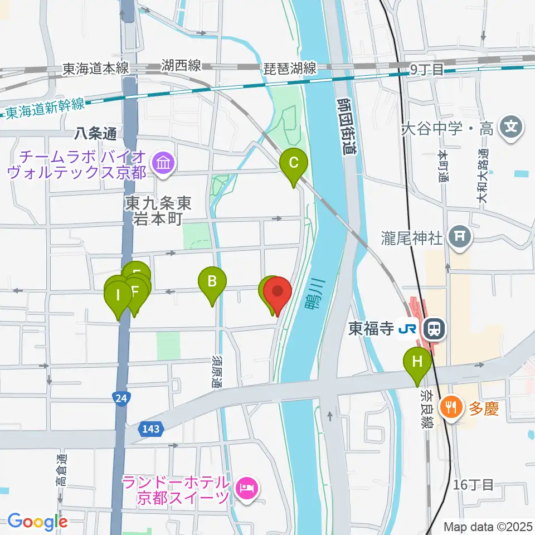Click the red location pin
278,292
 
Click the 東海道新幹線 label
45,107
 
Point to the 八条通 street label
97,134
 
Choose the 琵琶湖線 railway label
290,68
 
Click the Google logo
37,522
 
